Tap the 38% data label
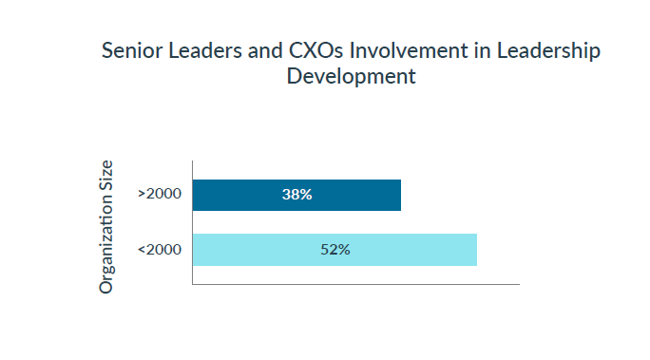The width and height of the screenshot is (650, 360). tap(296, 195)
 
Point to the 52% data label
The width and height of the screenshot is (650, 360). tap(335, 250)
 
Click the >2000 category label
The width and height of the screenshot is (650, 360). tap(160, 195)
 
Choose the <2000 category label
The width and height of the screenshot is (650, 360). tap(160, 250)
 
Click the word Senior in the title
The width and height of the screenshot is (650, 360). tap(132, 51)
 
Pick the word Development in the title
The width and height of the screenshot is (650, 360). tap(351, 77)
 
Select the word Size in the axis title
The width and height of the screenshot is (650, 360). tap(107, 178)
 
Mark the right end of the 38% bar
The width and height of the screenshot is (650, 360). tap(399, 195)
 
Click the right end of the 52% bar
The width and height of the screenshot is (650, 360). tap(475, 250)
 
